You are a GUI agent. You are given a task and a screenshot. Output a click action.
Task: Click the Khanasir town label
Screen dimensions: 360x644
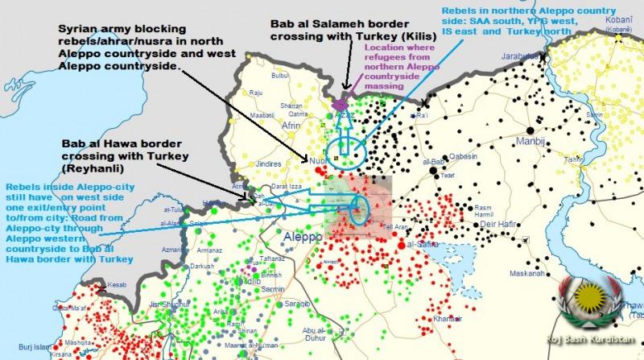click(447, 320)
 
